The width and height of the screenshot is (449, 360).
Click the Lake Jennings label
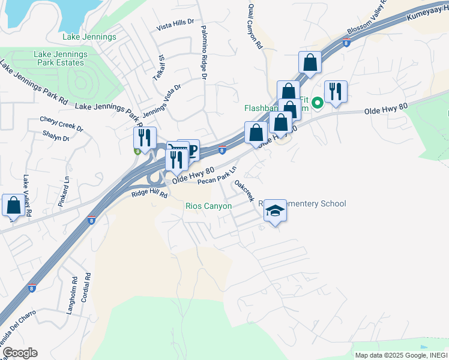pos(89,37)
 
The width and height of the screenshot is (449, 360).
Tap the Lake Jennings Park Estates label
pos(61,58)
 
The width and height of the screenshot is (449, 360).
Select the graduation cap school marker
pos(275,211)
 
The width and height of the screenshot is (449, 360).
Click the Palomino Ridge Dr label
pos(204,53)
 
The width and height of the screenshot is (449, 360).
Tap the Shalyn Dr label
pos(55,137)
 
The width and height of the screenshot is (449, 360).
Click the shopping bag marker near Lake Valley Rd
pos(13,206)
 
